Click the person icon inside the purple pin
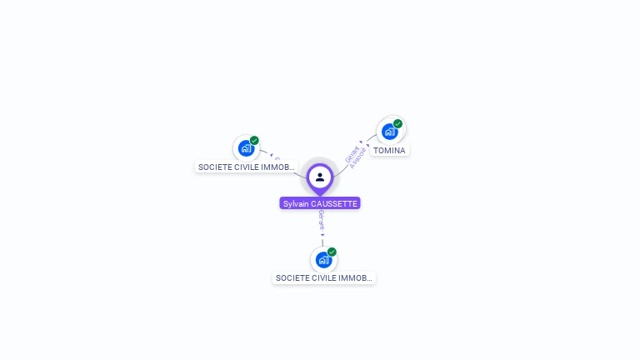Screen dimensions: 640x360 point(320,177)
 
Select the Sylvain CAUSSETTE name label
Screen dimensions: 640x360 point(320,203)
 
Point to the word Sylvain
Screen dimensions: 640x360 point(296,203)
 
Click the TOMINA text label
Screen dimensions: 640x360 point(389,151)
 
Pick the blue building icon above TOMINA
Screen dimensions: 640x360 point(389,131)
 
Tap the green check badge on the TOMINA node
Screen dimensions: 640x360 point(398,123)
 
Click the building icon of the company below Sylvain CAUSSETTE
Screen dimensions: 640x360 point(323,259)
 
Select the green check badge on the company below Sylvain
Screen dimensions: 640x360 point(332,252)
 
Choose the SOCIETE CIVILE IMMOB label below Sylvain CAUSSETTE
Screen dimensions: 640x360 point(323,278)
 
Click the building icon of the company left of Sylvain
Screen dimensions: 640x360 point(246,148)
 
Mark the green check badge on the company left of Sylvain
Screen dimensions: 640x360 point(254,141)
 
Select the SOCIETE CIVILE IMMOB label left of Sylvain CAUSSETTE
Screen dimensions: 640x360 point(247,167)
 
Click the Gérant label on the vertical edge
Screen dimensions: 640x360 point(322,219)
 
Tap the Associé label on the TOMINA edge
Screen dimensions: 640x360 point(358,158)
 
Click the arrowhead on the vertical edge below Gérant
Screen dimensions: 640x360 point(322,235)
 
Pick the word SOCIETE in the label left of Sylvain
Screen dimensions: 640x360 point(213,167)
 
